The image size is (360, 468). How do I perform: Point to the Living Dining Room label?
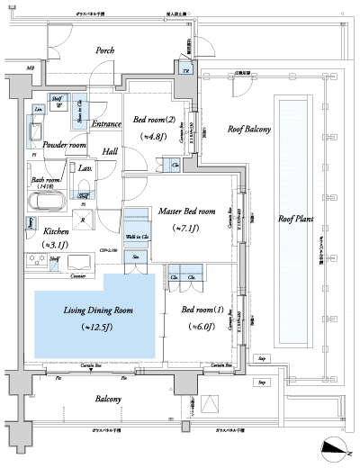pos(98,310)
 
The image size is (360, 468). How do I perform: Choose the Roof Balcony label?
pos(249,130)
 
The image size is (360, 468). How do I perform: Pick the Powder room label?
pos(57,145)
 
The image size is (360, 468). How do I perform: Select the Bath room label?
pos(47,180)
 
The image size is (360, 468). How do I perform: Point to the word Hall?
pos(109,152)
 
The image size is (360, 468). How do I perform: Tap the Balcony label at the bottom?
pos(111,397)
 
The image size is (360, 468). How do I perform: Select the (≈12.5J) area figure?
pos(98,326)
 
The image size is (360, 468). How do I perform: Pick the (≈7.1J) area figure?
pos(189,228)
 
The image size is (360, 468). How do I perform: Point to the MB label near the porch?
pos(31,69)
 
